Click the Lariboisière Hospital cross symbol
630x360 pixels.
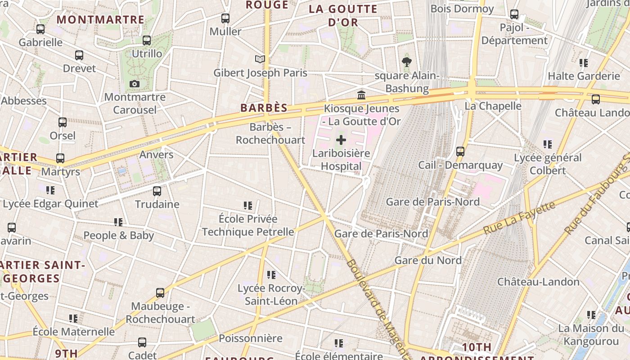(x=341, y=140)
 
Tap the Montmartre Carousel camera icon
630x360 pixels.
(x=134, y=84)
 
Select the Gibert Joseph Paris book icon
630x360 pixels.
(x=260, y=59)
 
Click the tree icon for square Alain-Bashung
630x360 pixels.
(x=407, y=62)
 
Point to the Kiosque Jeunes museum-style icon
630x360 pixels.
(x=361, y=95)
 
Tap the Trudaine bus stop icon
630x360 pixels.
(x=157, y=191)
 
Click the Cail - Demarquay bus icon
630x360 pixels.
(x=460, y=152)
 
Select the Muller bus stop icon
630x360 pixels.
(x=225, y=18)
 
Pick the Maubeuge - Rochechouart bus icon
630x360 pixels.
(x=160, y=293)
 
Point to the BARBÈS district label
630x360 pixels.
(x=264, y=108)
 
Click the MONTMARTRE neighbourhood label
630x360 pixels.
(x=101, y=20)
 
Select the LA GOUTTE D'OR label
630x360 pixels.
(x=343, y=15)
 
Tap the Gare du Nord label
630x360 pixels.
(x=428, y=260)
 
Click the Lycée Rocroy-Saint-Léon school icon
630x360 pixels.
(x=271, y=274)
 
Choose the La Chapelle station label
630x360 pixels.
(x=493, y=106)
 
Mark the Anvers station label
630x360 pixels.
(x=156, y=155)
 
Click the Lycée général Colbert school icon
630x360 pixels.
(x=547, y=144)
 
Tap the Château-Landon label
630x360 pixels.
(x=538, y=282)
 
